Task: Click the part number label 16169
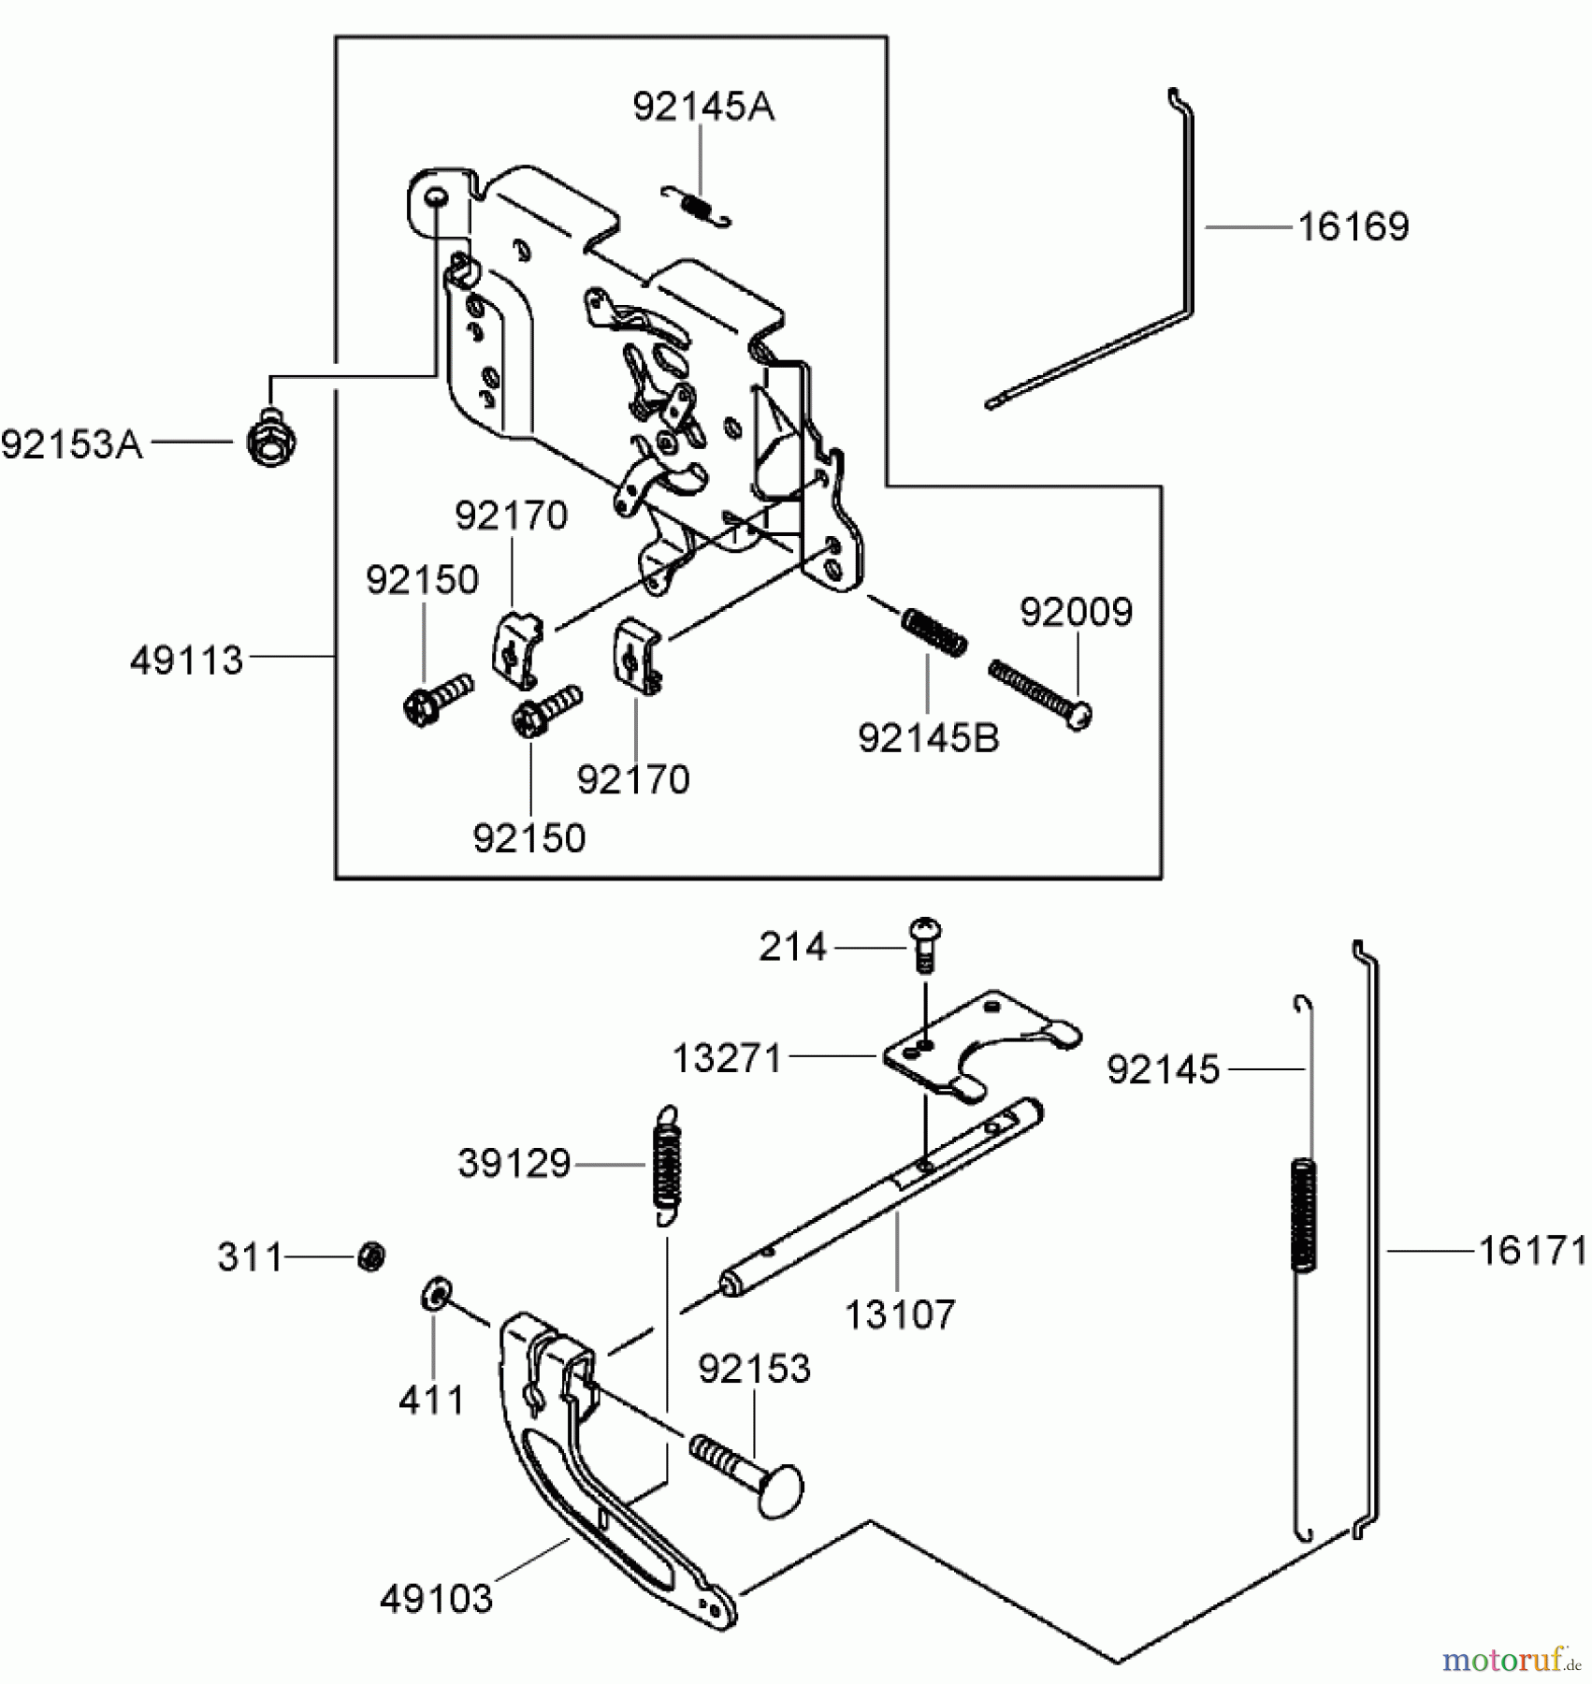click(x=1353, y=227)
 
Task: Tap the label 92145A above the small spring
click(x=703, y=107)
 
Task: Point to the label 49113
click(x=186, y=661)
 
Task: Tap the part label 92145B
click(x=928, y=738)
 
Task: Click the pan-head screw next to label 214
click(x=924, y=943)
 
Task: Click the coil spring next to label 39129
click(x=666, y=1164)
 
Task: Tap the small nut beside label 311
click(x=371, y=1256)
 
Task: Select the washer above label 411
click(x=434, y=1295)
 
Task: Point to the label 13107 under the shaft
click(x=899, y=1314)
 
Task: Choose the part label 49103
click(x=436, y=1598)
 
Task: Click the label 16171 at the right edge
click(x=1532, y=1250)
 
